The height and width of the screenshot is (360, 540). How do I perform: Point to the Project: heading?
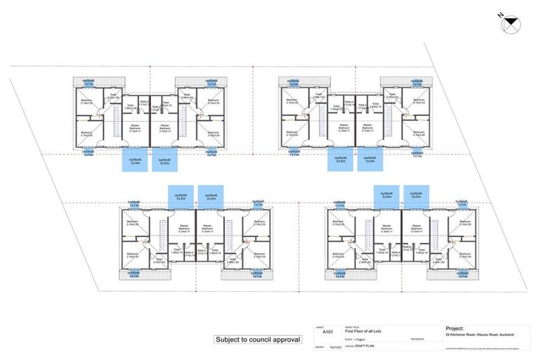(457, 328)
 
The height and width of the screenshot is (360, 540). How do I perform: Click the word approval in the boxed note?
(288, 340)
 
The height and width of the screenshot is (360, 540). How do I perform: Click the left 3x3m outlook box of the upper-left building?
(136, 160)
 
